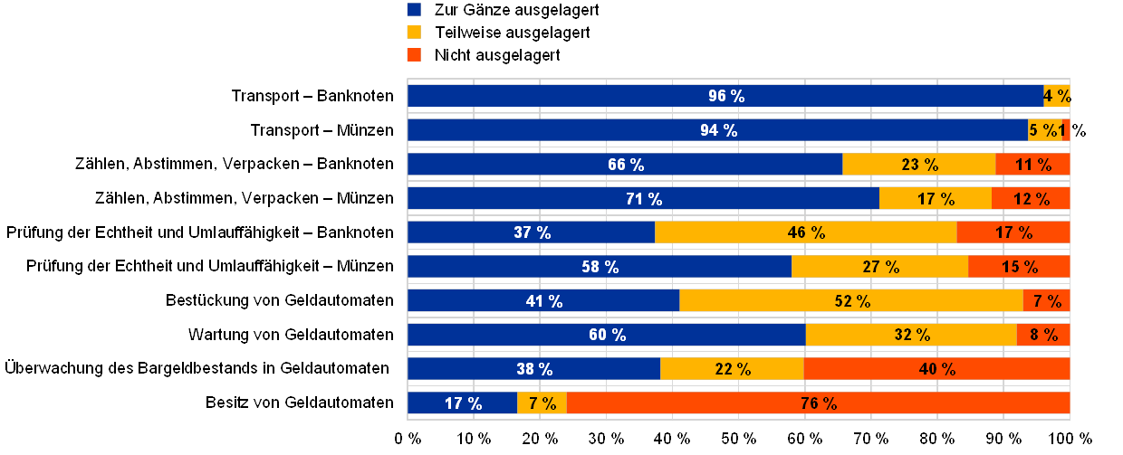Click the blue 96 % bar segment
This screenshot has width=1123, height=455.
click(725, 96)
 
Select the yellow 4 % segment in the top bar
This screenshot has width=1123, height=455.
click(1057, 96)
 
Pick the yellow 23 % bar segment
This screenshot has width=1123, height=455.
click(918, 165)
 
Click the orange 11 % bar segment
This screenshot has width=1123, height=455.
click(1032, 165)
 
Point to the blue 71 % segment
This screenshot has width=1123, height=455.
click(643, 199)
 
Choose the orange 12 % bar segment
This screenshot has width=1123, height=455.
click(1031, 199)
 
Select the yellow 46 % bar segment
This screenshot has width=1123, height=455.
click(805, 232)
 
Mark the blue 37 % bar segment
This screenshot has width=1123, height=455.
click(532, 232)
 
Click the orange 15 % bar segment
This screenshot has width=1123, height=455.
click(1019, 267)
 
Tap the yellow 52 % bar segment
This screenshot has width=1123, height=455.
click(850, 301)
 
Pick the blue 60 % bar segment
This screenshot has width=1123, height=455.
click(607, 335)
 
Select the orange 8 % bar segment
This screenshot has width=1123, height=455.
click(1043, 335)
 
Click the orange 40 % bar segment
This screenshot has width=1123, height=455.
click(936, 369)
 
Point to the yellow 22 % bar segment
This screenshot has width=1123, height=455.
click(732, 369)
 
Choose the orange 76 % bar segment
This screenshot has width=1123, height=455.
click(818, 403)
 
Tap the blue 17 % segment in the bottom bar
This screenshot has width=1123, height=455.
click(463, 403)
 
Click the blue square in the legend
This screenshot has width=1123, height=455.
click(415, 10)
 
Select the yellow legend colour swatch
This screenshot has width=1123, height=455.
click(415, 33)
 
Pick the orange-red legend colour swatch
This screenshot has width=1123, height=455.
click(415, 55)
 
